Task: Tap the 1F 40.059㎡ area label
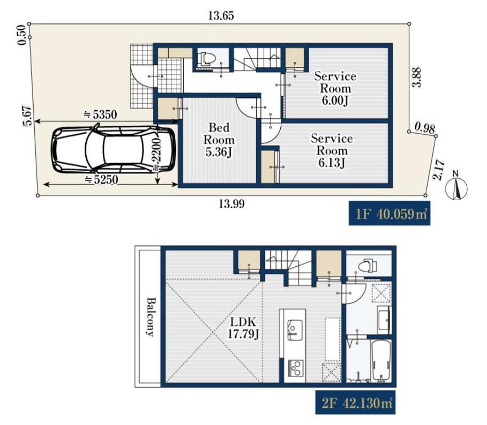click(389, 214)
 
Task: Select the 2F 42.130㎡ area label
click(355, 403)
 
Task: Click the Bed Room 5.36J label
click(220, 140)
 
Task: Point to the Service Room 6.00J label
click(335, 88)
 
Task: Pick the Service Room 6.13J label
click(332, 151)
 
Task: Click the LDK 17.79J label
click(243, 328)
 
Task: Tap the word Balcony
click(151, 317)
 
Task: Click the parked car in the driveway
click(113, 149)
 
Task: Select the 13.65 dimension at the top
click(221, 15)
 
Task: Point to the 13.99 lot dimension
click(231, 204)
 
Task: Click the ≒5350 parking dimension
click(100, 115)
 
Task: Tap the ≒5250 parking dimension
click(101, 179)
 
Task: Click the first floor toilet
click(207, 59)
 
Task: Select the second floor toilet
click(368, 265)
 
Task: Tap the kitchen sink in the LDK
click(295, 330)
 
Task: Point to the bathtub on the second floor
click(381, 361)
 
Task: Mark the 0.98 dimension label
click(425, 128)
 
